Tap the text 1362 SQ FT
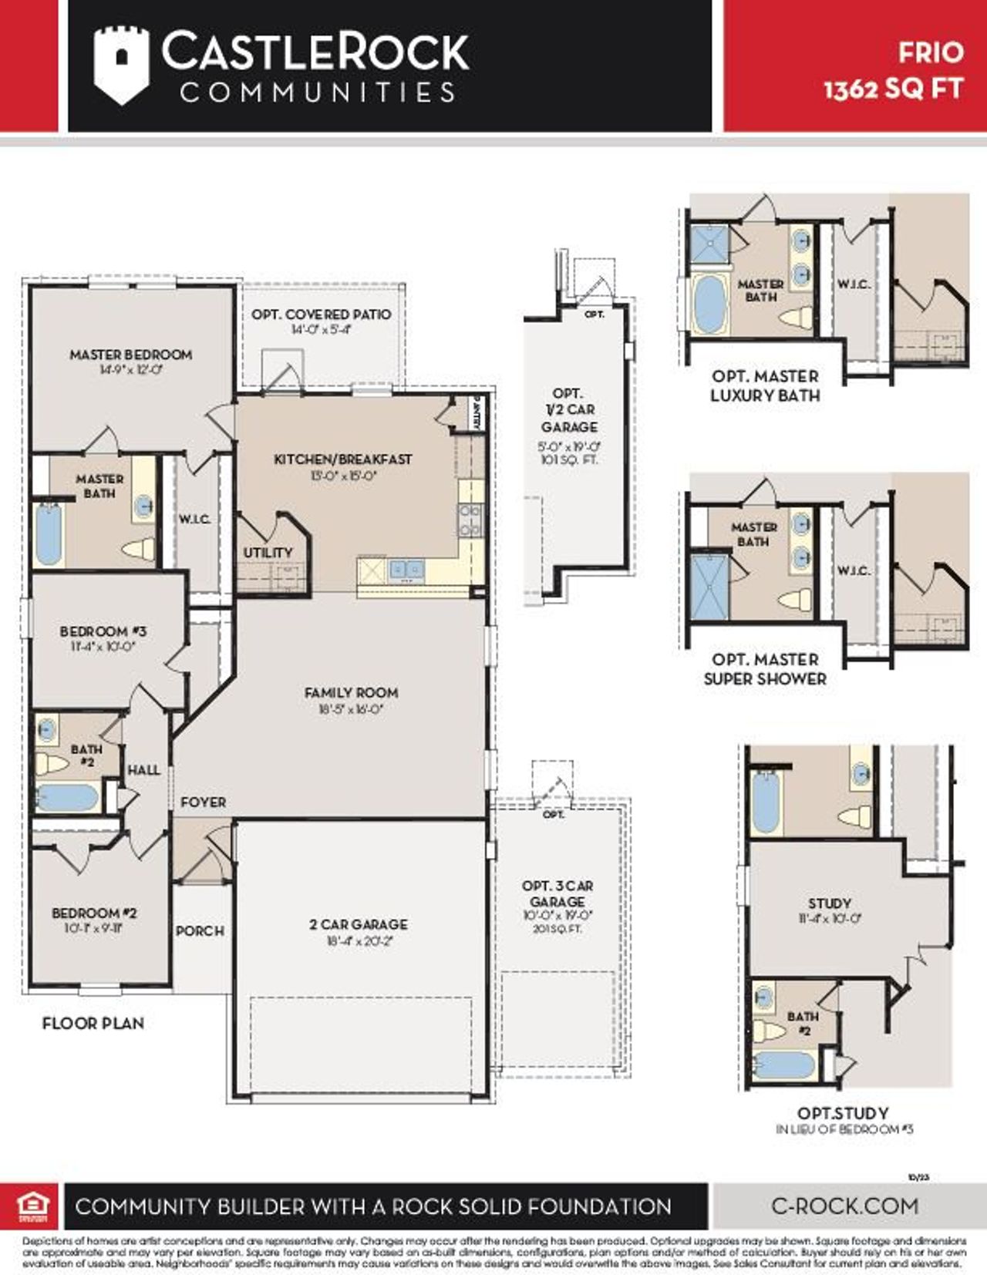(893, 89)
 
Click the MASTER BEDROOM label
(131, 355)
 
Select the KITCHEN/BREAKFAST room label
(343, 459)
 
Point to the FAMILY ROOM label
(352, 693)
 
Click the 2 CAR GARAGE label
(359, 924)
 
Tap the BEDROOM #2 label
(94, 913)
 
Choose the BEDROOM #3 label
(103, 631)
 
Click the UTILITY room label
(268, 553)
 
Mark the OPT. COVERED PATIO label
(321, 315)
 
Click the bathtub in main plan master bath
(48, 533)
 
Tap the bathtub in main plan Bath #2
(68, 797)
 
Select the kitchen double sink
(406, 569)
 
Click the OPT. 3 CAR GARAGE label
(558, 893)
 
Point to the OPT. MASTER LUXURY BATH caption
(765, 385)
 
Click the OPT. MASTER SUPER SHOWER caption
(765, 669)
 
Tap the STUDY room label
(830, 903)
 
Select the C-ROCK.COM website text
(844, 1206)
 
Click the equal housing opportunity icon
(32, 1206)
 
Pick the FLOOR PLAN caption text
(93, 1024)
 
